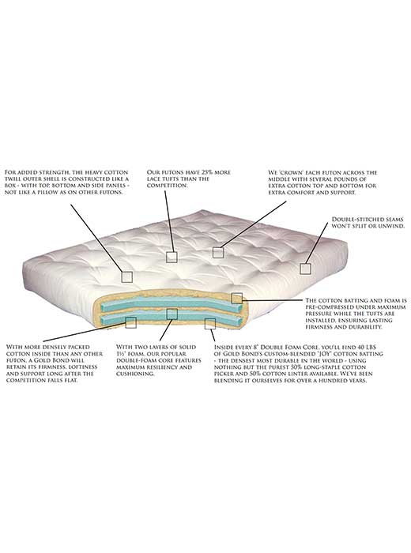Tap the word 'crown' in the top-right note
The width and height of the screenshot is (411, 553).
tap(287, 172)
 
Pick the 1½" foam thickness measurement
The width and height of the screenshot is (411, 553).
tap(121, 354)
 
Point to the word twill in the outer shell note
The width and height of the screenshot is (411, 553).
tap(13, 179)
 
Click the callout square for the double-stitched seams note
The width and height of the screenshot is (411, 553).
tap(306, 269)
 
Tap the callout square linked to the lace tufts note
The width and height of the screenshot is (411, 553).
tap(172, 257)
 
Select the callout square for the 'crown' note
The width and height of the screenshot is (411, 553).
tap(218, 252)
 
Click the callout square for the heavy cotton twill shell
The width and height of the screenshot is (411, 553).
tap(127, 276)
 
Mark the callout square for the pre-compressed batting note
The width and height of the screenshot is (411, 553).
tap(237, 299)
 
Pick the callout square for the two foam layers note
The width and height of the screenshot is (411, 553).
tap(172, 314)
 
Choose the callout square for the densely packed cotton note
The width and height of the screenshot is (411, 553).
tap(131, 322)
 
